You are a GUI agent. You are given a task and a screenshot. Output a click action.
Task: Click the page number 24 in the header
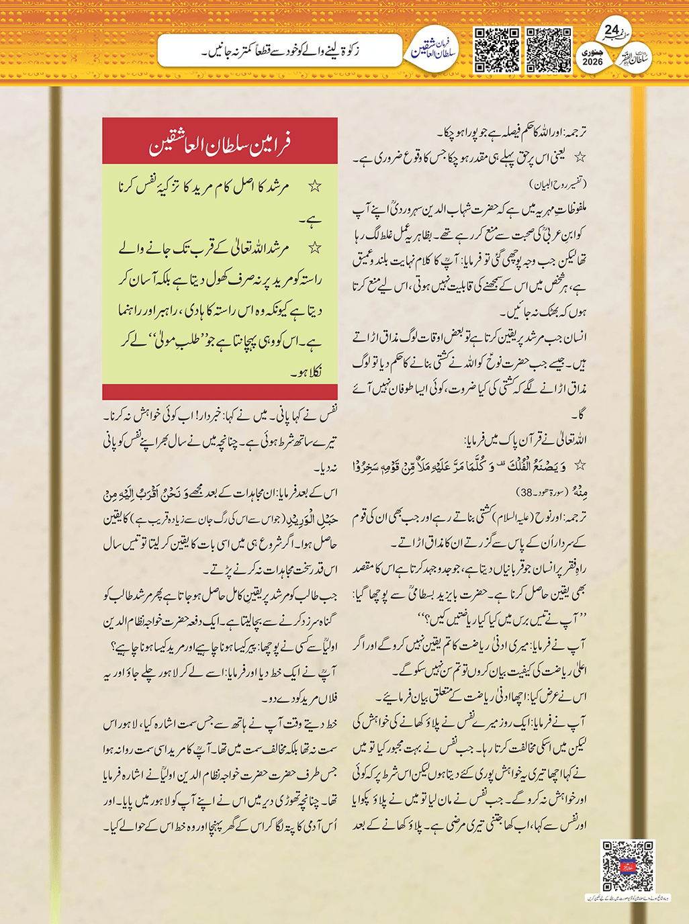(x=612, y=30)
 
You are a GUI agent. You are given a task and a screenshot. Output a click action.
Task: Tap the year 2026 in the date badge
(x=592, y=62)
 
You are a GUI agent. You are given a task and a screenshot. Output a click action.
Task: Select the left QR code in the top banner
(x=497, y=50)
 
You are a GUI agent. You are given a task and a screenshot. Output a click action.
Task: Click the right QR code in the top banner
(x=549, y=50)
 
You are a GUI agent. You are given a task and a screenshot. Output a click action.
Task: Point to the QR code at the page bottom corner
(x=628, y=866)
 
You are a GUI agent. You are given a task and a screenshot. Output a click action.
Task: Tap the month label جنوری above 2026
(x=592, y=51)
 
